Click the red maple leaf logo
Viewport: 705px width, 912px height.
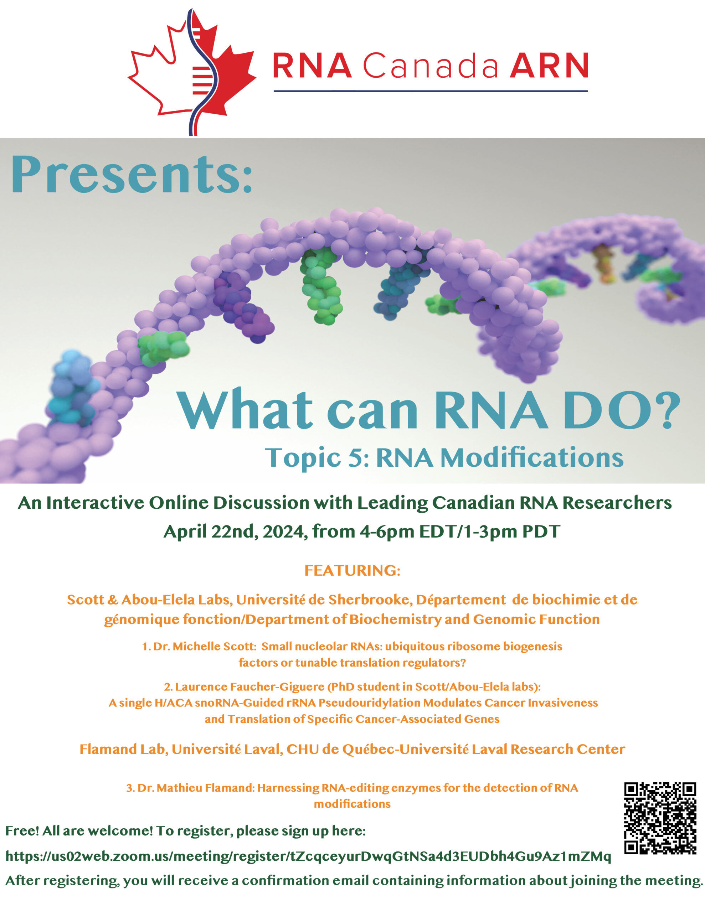point(192,72)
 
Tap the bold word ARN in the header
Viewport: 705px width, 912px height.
point(549,66)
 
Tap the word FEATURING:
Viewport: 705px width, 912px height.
point(352,570)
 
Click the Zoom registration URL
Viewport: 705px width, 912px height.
point(308,856)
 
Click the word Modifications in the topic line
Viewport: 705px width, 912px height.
point(532,457)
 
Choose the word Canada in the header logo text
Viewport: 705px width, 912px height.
point(431,66)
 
